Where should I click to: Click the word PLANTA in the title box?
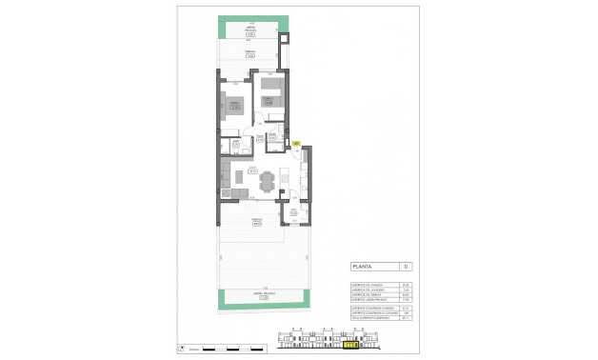(363, 267)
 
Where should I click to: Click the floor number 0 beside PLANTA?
(406, 267)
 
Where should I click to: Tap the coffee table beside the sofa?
(240, 178)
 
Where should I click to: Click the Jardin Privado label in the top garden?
(250, 30)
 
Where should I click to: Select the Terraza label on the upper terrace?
(250, 54)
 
